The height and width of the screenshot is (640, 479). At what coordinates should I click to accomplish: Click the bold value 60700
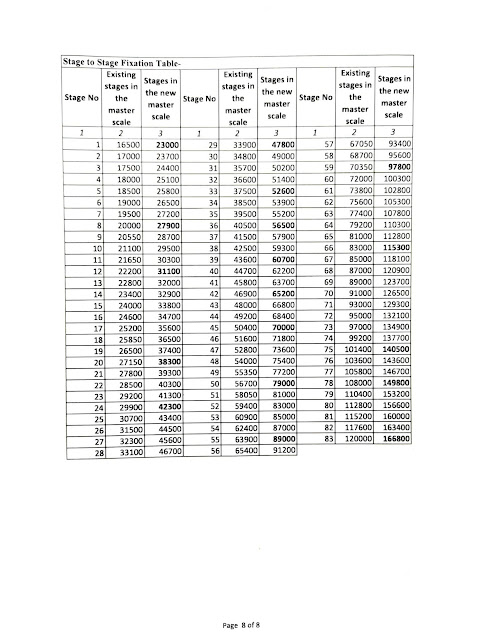(x=274, y=287)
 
